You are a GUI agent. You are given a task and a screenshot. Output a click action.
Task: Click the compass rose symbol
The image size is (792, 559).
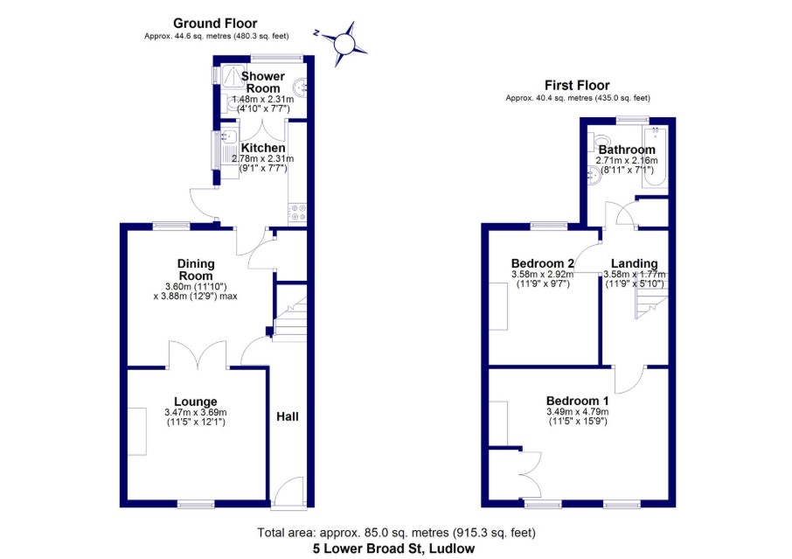(344, 42)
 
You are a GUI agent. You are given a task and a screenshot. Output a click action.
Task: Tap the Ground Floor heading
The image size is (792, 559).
(215, 23)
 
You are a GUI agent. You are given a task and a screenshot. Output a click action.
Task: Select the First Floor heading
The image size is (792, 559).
(577, 85)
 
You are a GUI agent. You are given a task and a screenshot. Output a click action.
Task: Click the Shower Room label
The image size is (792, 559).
(262, 82)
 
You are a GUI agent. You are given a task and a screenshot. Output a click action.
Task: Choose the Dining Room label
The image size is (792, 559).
(196, 269)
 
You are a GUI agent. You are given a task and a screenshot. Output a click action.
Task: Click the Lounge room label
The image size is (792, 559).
(195, 402)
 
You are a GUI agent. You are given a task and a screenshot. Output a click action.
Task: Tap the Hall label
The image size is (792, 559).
(288, 416)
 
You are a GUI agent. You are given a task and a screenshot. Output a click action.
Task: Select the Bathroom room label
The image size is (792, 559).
(626, 150)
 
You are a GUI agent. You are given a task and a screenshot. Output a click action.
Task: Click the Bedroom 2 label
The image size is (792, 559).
(543, 263)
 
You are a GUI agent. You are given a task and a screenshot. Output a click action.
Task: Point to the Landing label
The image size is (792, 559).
(634, 263)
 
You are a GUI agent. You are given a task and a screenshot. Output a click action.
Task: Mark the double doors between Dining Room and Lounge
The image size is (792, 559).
(198, 355)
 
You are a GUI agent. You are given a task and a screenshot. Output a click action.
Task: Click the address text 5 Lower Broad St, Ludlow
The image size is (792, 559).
(395, 549)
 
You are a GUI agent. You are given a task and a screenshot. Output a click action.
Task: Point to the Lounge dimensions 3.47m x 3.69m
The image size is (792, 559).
(195, 413)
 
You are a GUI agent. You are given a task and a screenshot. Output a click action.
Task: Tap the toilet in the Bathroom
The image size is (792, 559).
(600, 142)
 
